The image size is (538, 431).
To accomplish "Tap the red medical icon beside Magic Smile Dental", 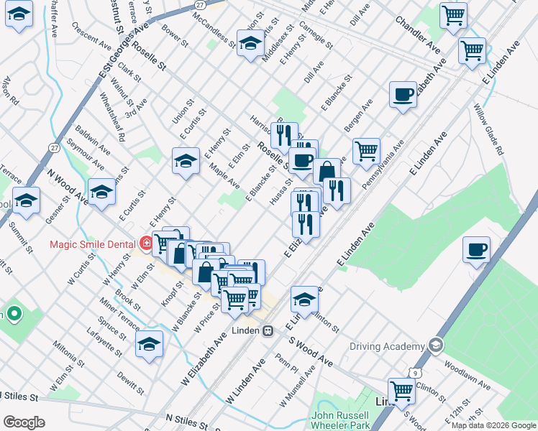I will click(x=147, y=244).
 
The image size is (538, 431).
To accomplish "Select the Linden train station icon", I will click(x=268, y=331).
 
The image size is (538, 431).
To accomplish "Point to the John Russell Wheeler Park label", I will click(x=340, y=421).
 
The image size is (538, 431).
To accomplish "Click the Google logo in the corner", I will click(x=23, y=422).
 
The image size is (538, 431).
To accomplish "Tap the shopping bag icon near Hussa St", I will click(x=327, y=172).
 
